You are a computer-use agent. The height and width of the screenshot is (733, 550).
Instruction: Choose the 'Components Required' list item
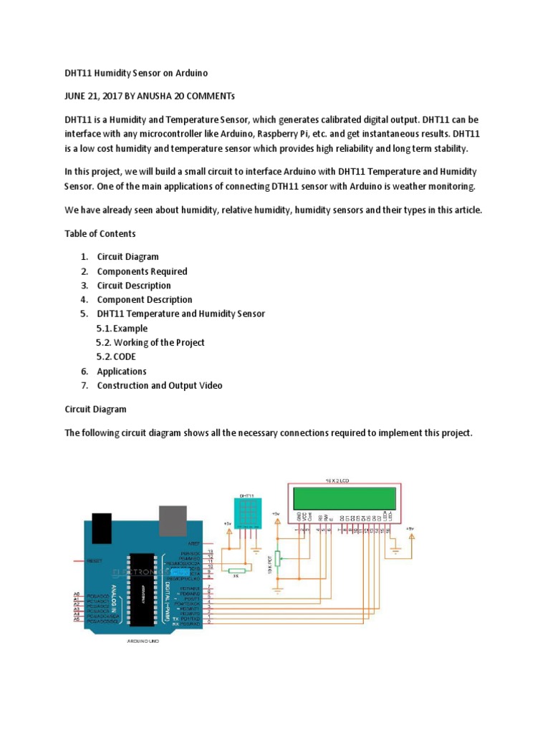[142, 271]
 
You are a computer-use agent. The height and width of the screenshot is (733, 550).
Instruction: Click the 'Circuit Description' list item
[134, 286]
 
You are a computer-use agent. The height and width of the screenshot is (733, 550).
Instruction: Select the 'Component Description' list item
[145, 300]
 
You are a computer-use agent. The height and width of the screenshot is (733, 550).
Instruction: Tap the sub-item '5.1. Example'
[122, 329]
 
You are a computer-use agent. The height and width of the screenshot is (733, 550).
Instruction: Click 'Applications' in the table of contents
[122, 372]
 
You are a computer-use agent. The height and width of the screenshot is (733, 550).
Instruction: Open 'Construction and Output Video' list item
[160, 386]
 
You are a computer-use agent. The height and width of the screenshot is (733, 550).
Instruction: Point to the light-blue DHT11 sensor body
[247, 512]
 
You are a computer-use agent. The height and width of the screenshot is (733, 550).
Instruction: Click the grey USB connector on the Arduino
[172, 521]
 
